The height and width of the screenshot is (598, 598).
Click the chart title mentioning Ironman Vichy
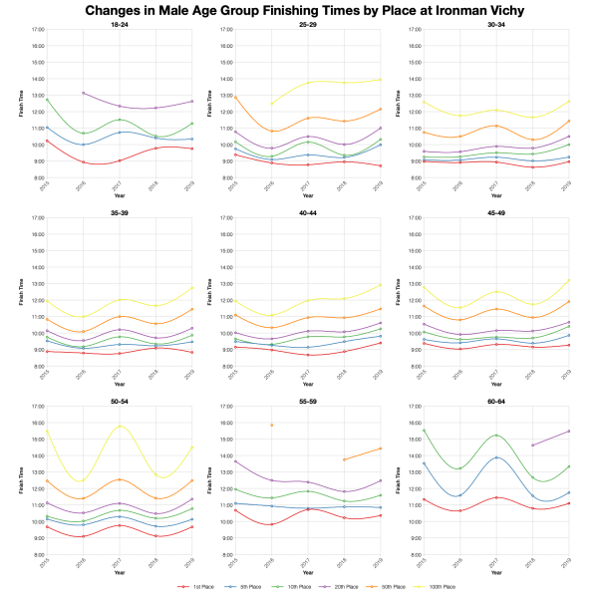(x=299, y=10)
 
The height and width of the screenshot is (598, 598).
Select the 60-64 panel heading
(x=495, y=400)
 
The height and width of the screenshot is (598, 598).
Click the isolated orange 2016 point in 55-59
(x=271, y=425)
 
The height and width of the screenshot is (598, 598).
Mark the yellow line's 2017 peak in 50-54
(x=120, y=426)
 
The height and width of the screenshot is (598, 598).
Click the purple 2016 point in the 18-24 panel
(x=82, y=93)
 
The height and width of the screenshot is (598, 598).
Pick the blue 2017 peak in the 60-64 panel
(x=496, y=457)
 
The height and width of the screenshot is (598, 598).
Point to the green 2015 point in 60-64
(x=424, y=431)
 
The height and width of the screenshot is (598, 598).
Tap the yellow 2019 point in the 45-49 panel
(x=569, y=280)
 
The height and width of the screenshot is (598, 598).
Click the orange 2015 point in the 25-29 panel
(x=234, y=97)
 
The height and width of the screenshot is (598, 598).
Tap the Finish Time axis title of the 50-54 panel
(x=21, y=481)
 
